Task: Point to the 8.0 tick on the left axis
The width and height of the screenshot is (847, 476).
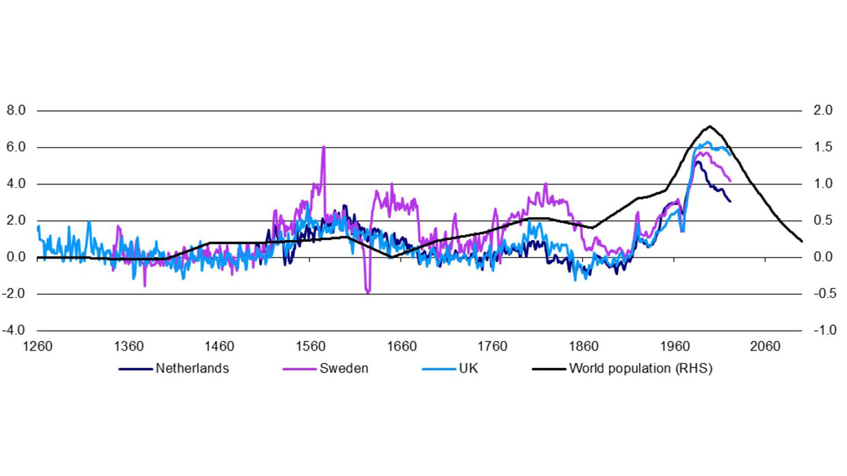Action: (16, 111)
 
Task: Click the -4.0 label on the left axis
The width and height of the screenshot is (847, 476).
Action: (14, 330)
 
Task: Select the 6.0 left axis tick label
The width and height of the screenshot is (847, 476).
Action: (16, 147)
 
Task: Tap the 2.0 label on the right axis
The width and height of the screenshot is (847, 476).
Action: (823, 111)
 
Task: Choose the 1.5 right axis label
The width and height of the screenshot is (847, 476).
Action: (823, 147)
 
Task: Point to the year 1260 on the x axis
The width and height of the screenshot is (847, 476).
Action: (37, 346)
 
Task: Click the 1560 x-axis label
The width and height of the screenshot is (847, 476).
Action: (310, 346)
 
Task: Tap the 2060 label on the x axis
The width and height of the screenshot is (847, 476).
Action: (765, 346)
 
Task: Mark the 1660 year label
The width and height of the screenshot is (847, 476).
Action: (401, 346)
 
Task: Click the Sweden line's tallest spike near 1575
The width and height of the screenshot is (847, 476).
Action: (324, 147)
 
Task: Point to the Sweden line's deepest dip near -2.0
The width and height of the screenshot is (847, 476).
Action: (368, 293)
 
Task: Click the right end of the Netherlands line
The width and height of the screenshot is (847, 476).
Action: (730, 202)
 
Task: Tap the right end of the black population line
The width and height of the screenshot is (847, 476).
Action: (802, 241)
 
